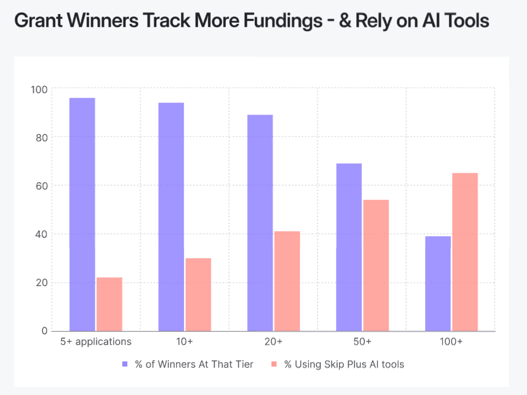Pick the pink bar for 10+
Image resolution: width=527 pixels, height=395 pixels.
click(x=198, y=294)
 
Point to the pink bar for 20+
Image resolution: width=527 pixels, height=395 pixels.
click(x=287, y=281)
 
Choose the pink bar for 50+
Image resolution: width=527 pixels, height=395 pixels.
click(x=376, y=265)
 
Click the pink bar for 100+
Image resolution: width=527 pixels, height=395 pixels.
click(x=465, y=252)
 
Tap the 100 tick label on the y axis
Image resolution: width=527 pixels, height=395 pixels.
click(x=39, y=89)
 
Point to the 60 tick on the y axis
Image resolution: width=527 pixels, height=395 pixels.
click(x=42, y=185)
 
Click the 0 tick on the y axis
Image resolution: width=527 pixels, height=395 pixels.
click(x=44, y=331)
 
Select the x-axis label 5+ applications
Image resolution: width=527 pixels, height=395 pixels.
click(x=96, y=342)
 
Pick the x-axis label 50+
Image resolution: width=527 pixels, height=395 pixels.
click(x=362, y=342)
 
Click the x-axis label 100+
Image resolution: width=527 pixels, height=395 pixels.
click(x=451, y=342)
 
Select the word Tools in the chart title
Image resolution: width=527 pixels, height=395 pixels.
click(x=466, y=21)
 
